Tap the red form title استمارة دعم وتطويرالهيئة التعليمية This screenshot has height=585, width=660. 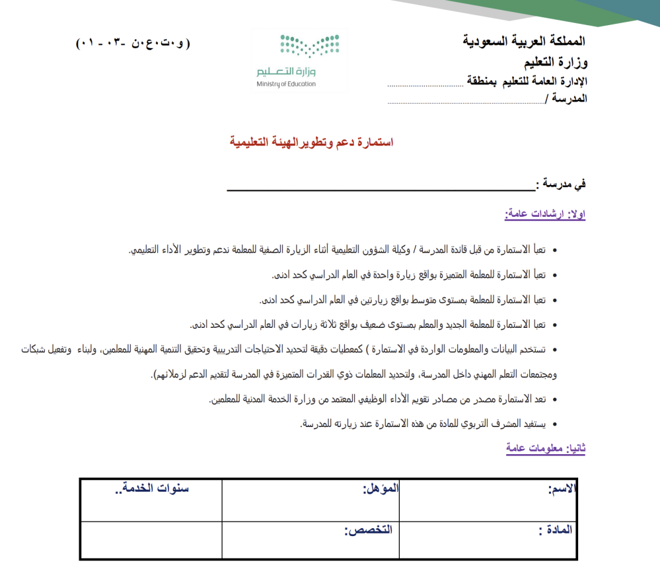(x=311, y=142)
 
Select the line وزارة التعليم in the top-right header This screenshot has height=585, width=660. (x=555, y=65)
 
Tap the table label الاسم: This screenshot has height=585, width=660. (x=563, y=490)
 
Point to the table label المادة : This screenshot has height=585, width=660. (x=556, y=530)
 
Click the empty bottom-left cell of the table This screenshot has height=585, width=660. (x=151, y=539)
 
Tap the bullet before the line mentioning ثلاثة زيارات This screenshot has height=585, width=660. (x=554, y=325)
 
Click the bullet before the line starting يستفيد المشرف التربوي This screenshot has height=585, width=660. (x=554, y=424)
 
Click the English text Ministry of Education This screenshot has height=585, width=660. (x=286, y=84)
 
